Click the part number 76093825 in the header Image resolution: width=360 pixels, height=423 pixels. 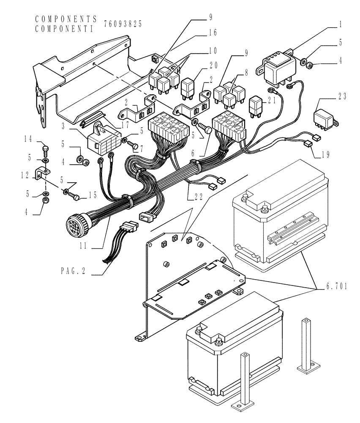click(x=123, y=25)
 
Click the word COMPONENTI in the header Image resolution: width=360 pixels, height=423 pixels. click(x=66, y=29)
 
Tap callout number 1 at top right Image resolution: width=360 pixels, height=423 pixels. click(x=340, y=25)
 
